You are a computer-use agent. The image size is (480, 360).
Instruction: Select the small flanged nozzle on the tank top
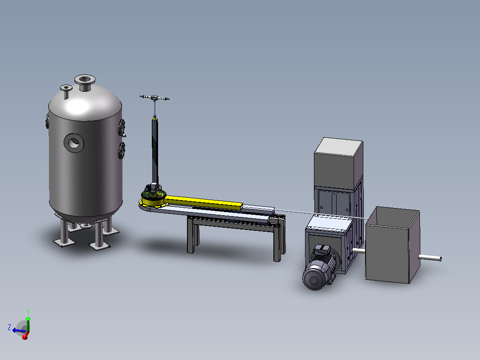click(x=66, y=91)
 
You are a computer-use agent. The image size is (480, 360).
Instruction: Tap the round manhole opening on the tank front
click(x=74, y=143)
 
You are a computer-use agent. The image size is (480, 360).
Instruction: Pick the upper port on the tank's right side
click(x=122, y=127)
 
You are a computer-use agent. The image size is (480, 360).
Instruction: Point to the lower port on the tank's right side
click(x=122, y=151)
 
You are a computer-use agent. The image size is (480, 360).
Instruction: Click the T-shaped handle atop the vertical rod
click(x=155, y=98)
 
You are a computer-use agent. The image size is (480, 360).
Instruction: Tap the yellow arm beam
click(x=203, y=202)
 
